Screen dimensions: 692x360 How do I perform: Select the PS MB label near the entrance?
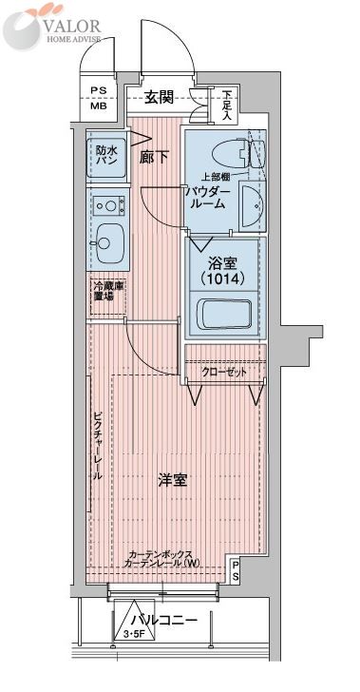[99, 98]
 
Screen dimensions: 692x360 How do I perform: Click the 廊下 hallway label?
[155, 157]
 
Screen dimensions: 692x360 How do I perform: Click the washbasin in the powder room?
[252, 204]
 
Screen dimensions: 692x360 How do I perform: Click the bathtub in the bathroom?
[224, 315]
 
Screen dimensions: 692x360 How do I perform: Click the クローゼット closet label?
[225, 372]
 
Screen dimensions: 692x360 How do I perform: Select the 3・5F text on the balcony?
[134, 634]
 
